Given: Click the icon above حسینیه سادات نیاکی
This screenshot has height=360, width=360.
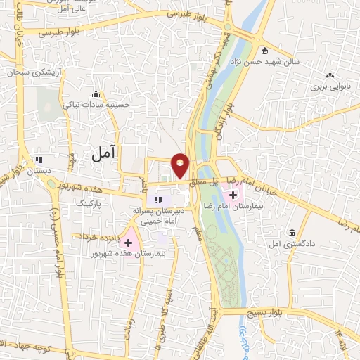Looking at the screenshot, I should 96,94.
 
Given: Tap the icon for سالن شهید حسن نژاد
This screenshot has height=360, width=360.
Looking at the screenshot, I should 264,51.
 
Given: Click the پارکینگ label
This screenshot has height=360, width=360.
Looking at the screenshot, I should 89,203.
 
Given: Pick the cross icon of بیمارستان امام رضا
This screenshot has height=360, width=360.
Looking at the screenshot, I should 233,193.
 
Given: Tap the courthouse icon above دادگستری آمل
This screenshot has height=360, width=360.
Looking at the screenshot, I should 290,232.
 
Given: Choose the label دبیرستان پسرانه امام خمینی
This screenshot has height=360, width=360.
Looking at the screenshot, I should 157,214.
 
